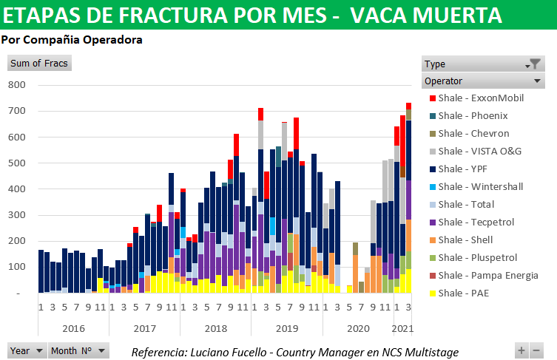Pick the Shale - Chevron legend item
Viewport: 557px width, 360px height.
[x=473, y=133]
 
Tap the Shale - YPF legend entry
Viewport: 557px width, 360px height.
[x=465, y=169]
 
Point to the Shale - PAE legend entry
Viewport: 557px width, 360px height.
[x=465, y=293]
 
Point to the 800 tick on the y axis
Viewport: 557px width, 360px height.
[x=17, y=85]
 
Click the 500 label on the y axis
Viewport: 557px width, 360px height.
[x=17, y=163]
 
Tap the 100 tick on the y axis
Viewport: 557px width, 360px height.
[x=17, y=267]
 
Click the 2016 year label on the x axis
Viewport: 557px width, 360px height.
[x=72, y=327]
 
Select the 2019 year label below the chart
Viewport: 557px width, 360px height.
[x=286, y=327]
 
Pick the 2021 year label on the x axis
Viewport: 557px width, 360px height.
[x=402, y=327]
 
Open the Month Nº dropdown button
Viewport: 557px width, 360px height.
[x=101, y=350]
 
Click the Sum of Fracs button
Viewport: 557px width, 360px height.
[x=39, y=64]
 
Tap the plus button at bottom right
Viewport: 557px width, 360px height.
[x=522, y=350]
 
